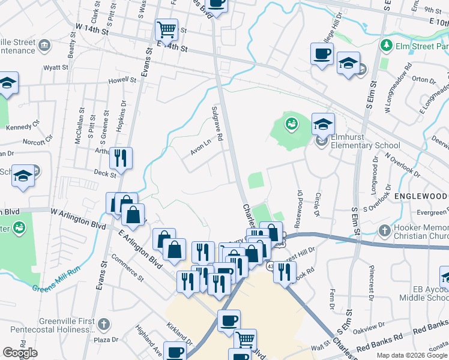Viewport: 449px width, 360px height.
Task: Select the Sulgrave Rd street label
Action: coord(217,124)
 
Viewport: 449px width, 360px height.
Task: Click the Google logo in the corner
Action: coord(20,353)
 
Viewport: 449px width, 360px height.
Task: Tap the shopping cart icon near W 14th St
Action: coord(166,28)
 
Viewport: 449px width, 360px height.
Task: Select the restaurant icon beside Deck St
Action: coord(121,158)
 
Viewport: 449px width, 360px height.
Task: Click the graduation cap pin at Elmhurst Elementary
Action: coord(323,124)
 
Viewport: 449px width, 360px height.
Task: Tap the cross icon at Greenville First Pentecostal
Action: coord(103,325)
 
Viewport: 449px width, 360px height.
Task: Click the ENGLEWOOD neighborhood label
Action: coord(420,197)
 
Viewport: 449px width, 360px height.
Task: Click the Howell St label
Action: coord(122,80)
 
